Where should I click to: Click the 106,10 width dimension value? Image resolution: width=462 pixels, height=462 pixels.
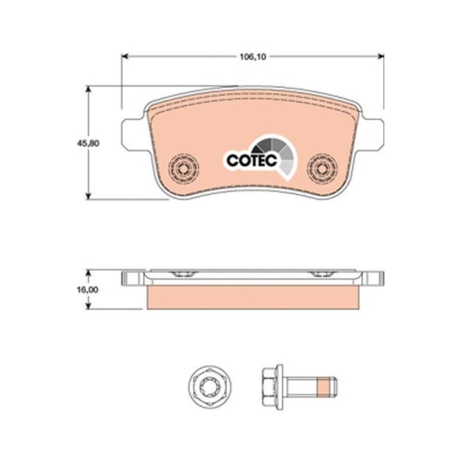252,55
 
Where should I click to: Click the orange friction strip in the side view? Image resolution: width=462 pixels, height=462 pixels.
252,297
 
